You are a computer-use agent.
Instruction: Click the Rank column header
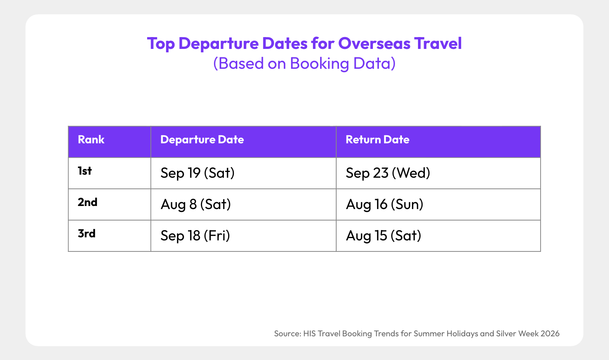click(91, 139)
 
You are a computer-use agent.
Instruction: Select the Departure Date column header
click(202, 139)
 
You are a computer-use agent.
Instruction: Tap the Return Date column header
click(377, 139)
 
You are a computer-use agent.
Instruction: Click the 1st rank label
click(84, 171)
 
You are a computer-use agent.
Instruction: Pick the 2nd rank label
click(87, 202)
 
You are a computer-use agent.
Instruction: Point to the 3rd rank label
click(86, 233)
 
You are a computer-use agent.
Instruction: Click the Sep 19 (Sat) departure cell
click(198, 173)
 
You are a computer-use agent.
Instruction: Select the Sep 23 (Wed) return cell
click(388, 173)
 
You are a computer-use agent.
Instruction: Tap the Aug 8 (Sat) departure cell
click(196, 204)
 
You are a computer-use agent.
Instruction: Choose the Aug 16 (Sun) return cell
click(384, 204)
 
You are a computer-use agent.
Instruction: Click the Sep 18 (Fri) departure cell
click(195, 235)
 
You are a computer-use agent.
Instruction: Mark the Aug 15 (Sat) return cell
click(383, 235)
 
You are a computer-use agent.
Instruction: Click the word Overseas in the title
click(374, 43)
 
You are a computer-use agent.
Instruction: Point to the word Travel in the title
click(438, 43)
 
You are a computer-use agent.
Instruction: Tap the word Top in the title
click(161, 44)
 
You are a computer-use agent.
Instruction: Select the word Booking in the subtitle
click(319, 63)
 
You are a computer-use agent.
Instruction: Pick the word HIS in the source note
click(309, 333)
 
